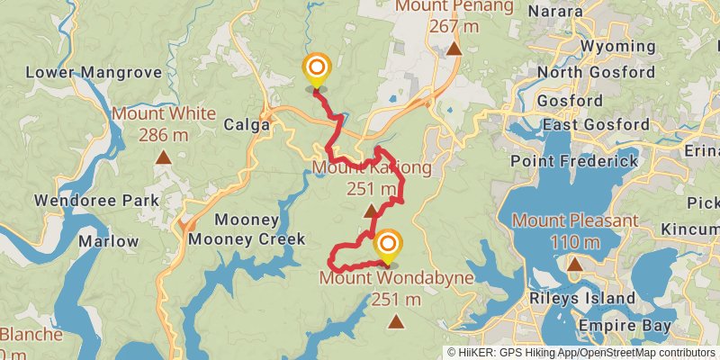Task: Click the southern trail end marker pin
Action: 388,247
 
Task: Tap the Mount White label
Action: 164,113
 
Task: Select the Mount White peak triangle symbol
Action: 164,158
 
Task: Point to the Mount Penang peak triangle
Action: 454,49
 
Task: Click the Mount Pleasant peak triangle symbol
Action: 574,264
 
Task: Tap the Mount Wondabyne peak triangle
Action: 394,320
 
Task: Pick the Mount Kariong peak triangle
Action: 371,211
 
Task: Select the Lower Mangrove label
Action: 94,72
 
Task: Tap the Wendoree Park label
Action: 94,200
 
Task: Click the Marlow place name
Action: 108,241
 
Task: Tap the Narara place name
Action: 580,11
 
